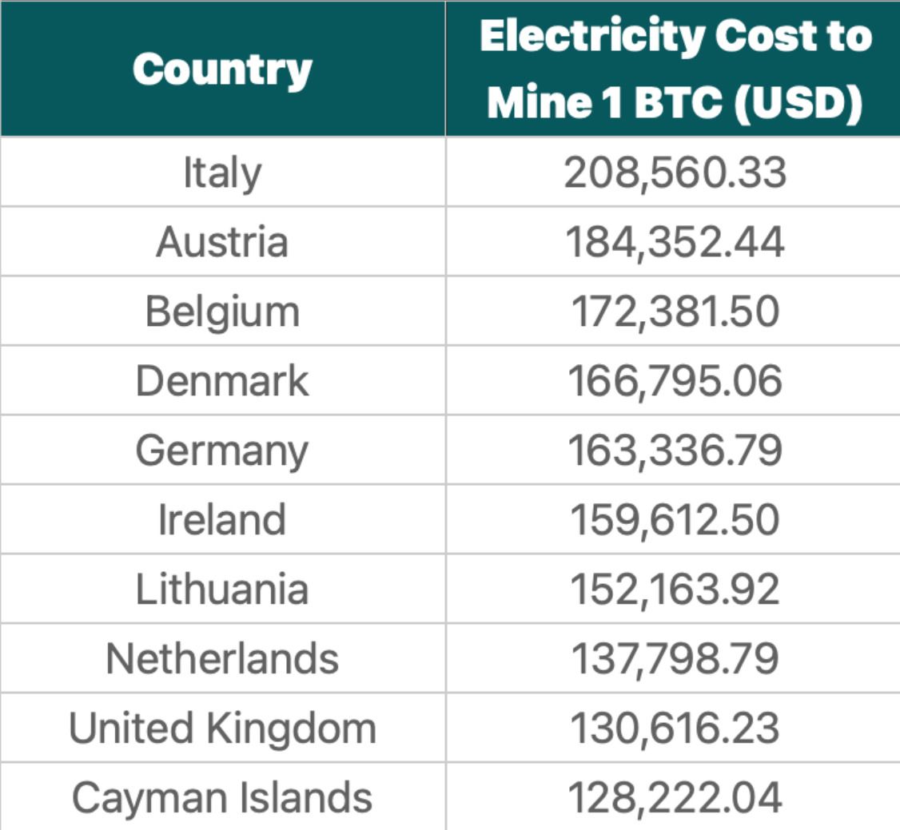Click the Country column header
click(x=222, y=69)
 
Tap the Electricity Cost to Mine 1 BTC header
click(x=675, y=69)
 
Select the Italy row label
click(x=222, y=173)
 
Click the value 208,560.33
click(x=675, y=173)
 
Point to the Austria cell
click(x=222, y=242)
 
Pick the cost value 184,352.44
click(x=675, y=242)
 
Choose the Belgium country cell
click(x=222, y=312)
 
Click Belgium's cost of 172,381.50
click(x=675, y=312)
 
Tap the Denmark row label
click(x=222, y=381)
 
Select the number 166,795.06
click(x=675, y=381)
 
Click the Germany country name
click(x=222, y=451)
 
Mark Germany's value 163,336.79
click(x=675, y=451)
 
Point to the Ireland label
click(x=222, y=520)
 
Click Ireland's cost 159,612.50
click(x=675, y=520)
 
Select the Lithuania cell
click(x=222, y=590)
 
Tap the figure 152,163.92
click(x=675, y=590)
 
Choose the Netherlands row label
click(x=222, y=659)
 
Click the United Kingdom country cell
click(x=222, y=729)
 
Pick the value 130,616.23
click(x=675, y=729)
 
